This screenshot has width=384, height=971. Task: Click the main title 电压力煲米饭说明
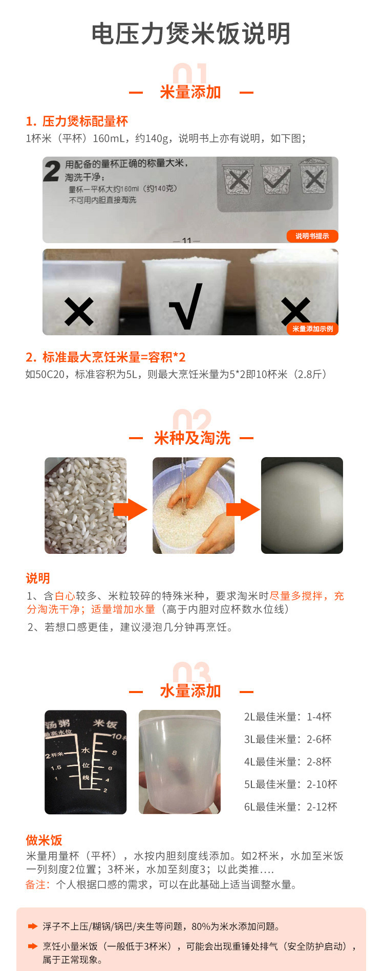pyautogui.click(x=191, y=34)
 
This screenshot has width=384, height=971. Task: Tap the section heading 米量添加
pyautogui.click(x=190, y=92)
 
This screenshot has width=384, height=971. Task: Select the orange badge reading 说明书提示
pyautogui.click(x=312, y=236)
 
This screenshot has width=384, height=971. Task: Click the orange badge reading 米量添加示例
pyautogui.click(x=312, y=329)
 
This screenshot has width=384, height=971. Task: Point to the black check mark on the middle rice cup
pyautogui.click(x=186, y=306)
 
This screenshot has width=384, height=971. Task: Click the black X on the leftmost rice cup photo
pyautogui.click(x=79, y=311)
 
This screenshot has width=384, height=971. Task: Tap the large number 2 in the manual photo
pyautogui.click(x=52, y=171)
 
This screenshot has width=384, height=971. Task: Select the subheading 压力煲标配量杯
pyautogui.click(x=85, y=121)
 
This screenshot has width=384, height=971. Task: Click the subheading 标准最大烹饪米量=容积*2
pyautogui.click(x=114, y=357)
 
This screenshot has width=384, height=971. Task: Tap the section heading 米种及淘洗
pyautogui.click(x=192, y=438)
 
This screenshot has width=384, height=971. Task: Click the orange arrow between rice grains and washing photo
pyautogui.click(x=130, y=509)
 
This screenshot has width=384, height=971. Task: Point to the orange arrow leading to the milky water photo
pyautogui.click(x=243, y=509)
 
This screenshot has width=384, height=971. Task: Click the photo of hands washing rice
pyautogui.click(x=194, y=505)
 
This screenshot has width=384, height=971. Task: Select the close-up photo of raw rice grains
pyautogui.click(x=86, y=505)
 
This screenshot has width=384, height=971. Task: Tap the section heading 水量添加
pyautogui.click(x=190, y=691)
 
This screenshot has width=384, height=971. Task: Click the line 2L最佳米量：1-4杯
pyautogui.click(x=288, y=717)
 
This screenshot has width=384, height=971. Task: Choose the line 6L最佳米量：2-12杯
pyautogui.click(x=291, y=807)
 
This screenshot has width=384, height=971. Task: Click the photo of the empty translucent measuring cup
pyautogui.click(x=180, y=762)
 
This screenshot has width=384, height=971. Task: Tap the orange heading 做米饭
pyautogui.click(x=44, y=840)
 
